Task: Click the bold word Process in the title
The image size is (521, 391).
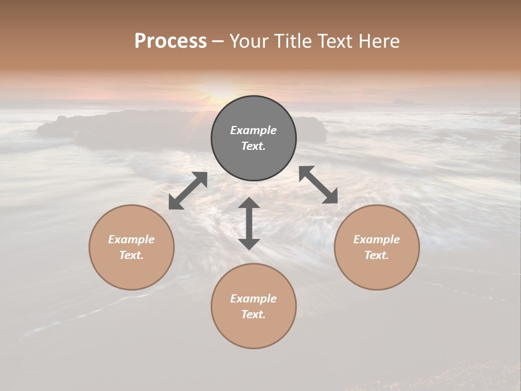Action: click(x=170, y=41)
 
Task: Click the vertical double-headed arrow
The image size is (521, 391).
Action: click(x=249, y=223)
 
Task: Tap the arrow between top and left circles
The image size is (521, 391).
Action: click(x=188, y=191)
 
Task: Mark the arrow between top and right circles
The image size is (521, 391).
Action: click(x=319, y=185)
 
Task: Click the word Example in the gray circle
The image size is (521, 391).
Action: click(x=253, y=130)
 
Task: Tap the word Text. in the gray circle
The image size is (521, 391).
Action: click(x=253, y=146)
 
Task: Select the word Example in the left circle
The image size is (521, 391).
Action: click(x=131, y=239)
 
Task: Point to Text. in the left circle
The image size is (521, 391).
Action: click(x=131, y=255)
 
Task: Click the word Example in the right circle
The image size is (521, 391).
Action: click(x=377, y=239)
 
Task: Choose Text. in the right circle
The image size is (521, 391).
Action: click(x=377, y=255)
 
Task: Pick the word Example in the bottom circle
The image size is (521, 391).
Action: click(x=253, y=299)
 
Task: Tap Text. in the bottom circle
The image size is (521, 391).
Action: click(x=253, y=314)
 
